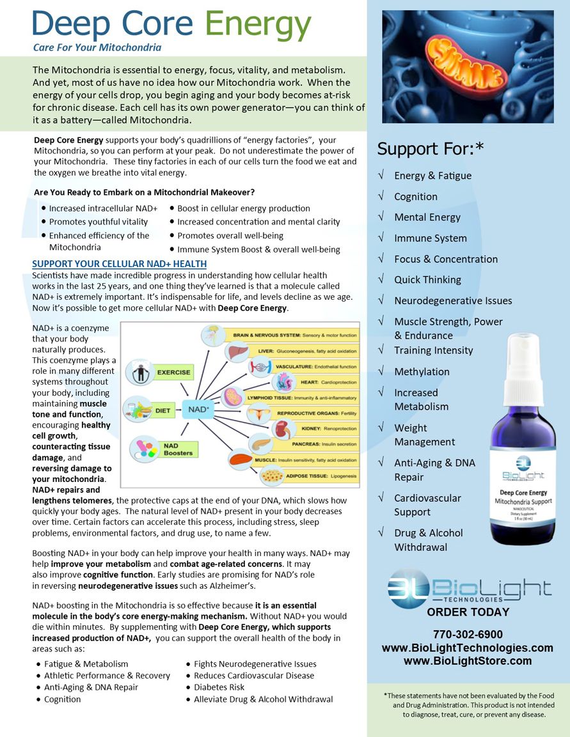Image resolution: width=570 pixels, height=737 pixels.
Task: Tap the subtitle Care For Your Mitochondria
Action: [x=97, y=47]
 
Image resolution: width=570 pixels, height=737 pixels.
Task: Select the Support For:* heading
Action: [x=430, y=149]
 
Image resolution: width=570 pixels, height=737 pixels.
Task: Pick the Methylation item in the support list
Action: [x=422, y=371]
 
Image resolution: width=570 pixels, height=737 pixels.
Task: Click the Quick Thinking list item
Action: [x=427, y=279]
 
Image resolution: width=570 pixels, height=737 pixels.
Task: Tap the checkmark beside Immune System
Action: [x=381, y=238]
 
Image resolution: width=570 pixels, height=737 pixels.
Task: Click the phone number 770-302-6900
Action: [x=468, y=634]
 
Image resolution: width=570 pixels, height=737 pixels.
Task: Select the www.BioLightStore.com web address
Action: [x=468, y=661]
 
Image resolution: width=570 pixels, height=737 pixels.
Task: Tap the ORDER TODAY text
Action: [x=468, y=612]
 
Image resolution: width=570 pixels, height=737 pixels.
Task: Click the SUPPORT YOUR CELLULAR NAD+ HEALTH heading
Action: [x=119, y=264]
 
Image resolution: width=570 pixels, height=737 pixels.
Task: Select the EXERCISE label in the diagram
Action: [x=173, y=372]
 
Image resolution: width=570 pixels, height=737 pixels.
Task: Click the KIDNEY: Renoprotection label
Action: [x=328, y=428]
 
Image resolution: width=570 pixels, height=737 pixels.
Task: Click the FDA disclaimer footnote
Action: [x=466, y=704]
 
